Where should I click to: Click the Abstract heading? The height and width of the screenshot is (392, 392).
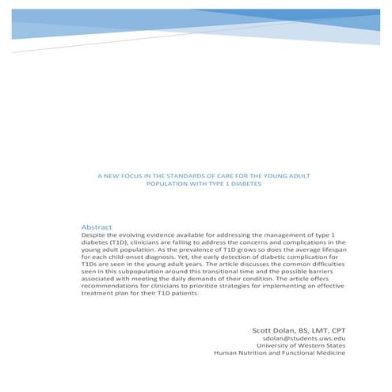(x=97, y=227)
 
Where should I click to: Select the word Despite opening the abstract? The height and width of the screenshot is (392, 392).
(x=95, y=235)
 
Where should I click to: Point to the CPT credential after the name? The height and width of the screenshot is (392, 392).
(x=336, y=327)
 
